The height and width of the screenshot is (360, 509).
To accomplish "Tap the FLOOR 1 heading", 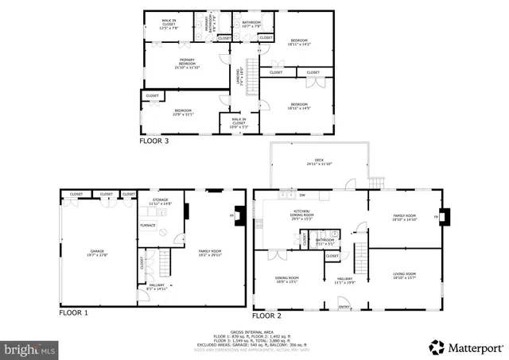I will pyautogui.click(x=74, y=313).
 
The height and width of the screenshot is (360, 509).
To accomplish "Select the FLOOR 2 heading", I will pyautogui.click(x=268, y=315).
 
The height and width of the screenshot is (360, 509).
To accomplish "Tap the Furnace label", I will pyautogui.click(x=148, y=225).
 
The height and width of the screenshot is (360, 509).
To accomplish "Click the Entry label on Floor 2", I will pyautogui.click(x=344, y=306).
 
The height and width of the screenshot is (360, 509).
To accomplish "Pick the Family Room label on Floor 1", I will pyautogui.click(x=209, y=253).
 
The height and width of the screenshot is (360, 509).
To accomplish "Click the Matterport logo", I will pyautogui.click(x=469, y=347).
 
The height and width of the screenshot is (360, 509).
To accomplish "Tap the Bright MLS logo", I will pyautogui.click(x=29, y=349).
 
